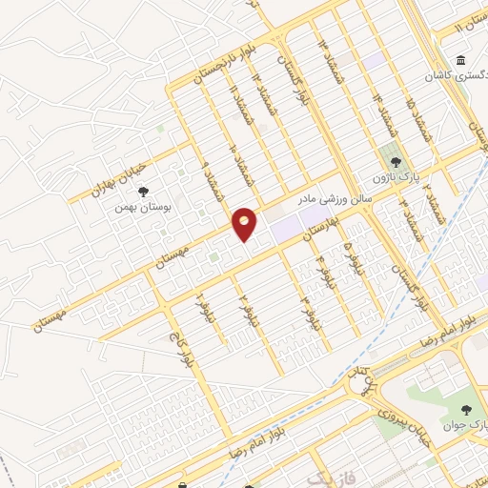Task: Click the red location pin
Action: pos(245,223)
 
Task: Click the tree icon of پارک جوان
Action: pos(465,410)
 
